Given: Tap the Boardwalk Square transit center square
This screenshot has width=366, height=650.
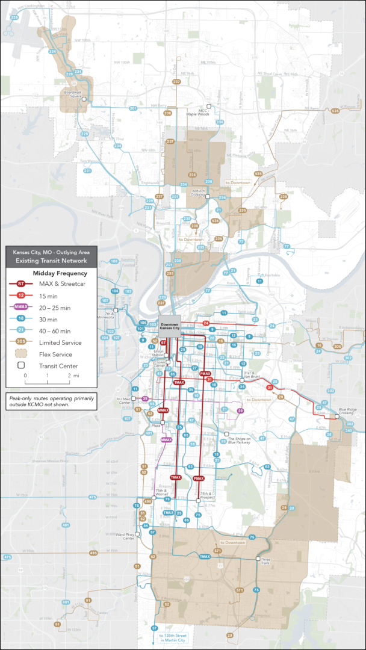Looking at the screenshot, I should coord(85,99).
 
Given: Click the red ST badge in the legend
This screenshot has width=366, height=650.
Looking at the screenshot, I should coord(21,283).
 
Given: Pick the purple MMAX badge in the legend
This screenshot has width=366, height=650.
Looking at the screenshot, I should coord(21,307).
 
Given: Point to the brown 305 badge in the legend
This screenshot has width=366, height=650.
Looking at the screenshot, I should coord(21,342).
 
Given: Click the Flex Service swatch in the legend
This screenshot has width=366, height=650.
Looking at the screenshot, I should coord(21,354).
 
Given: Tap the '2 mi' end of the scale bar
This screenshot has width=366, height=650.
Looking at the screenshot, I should coord(70,375).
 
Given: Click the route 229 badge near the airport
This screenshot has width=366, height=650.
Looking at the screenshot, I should coord(14,17).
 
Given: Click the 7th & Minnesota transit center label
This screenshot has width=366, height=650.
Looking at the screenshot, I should coord(110,315).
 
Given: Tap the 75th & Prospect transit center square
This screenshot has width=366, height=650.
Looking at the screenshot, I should coord(199,501).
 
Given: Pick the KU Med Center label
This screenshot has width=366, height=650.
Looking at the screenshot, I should coord(126,401).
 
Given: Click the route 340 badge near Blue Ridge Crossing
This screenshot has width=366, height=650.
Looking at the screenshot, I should coord(349,431).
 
